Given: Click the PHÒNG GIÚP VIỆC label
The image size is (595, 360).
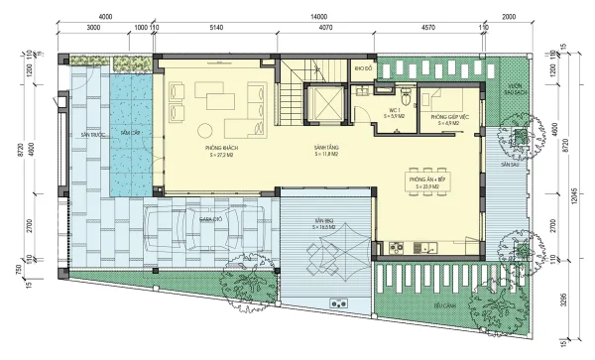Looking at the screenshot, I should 443,118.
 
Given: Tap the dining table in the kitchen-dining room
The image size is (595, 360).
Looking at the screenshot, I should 428,182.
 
